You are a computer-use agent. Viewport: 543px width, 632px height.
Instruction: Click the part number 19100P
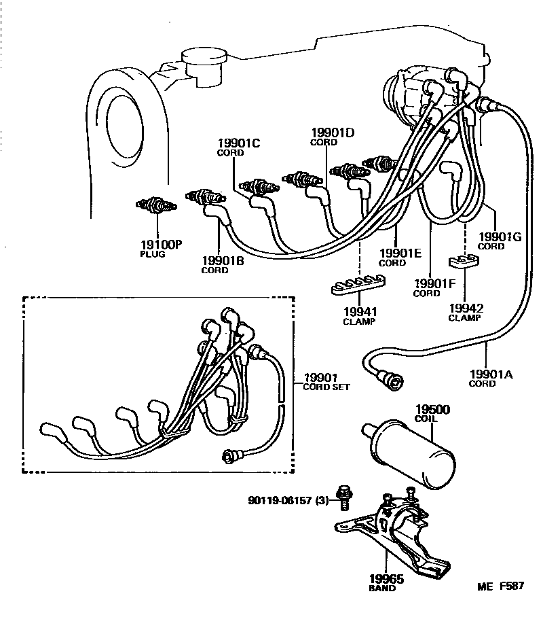click(161, 245)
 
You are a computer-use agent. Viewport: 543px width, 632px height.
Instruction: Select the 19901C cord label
click(238, 143)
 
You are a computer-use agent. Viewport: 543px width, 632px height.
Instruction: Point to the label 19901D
click(333, 133)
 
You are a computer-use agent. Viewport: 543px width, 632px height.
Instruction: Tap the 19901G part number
click(500, 236)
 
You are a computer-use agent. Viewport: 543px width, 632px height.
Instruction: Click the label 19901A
click(491, 373)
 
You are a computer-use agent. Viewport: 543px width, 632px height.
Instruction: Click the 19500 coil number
click(432, 410)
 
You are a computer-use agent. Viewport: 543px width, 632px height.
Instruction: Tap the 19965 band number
click(386, 579)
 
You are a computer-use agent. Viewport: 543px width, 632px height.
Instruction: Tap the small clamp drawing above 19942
click(465, 261)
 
